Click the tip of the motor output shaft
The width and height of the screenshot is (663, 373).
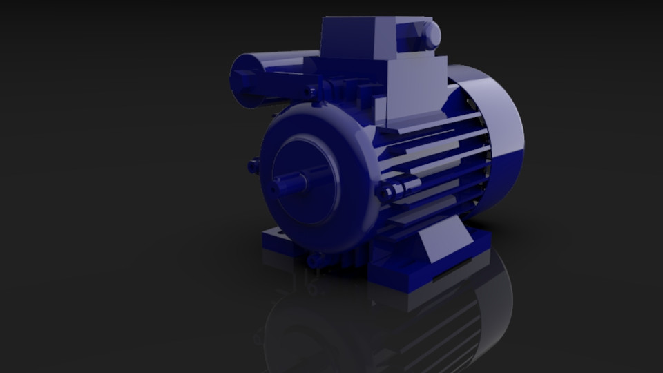(278, 184)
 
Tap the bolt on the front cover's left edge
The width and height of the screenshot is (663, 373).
(253, 166)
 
